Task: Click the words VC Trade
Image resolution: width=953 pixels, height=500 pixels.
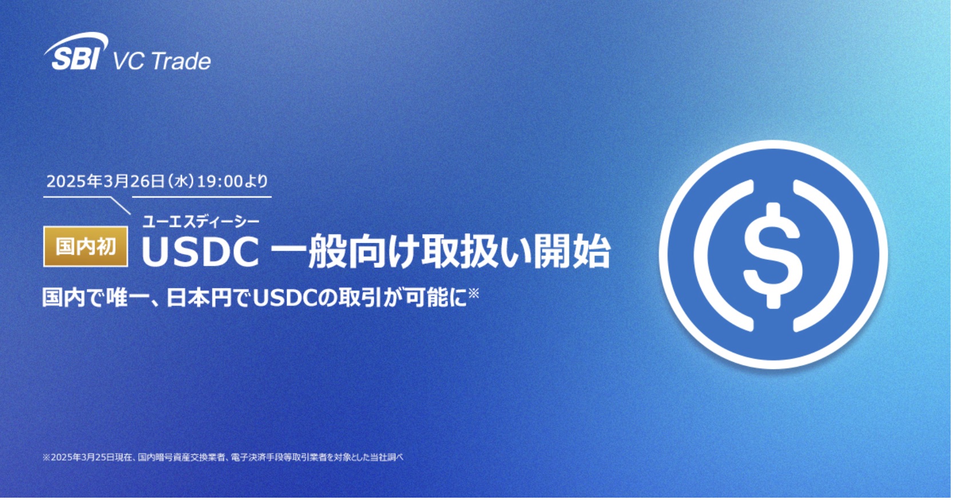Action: [x=162, y=61]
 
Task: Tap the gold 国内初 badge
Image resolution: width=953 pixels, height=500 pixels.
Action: [x=86, y=247]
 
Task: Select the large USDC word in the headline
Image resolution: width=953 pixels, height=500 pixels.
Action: [x=200, y=252]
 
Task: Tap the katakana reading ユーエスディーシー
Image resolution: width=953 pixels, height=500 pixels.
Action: [x=201, y=221]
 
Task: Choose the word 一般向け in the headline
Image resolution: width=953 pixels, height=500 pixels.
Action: [x=343, y=252]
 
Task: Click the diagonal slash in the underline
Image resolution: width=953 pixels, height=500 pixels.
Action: [x=120, y=206]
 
